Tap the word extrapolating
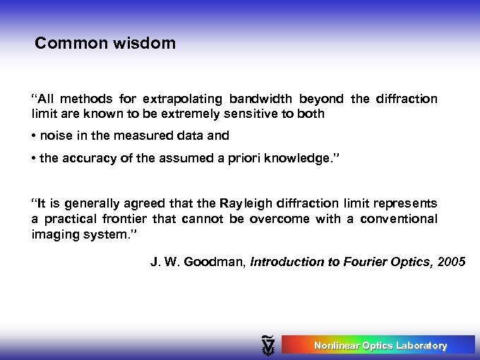[x=179, y=99]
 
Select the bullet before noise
[x=34, y=136]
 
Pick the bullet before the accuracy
[x=34, y=158]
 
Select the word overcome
[x=282, y=219]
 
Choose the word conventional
[x=398, y=219]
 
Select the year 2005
[x=451, y=262]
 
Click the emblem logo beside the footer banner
[x=268, y=345]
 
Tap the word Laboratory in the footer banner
[x=421, y=345]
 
